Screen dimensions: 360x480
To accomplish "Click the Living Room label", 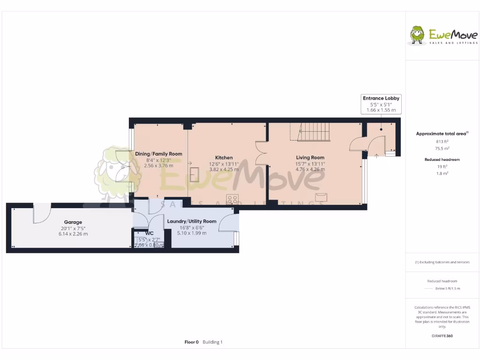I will coord(310,157).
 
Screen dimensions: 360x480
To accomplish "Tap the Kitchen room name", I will coord(224,157).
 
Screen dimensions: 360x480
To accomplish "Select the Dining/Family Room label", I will coord(158,154).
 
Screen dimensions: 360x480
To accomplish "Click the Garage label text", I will coord(73,222).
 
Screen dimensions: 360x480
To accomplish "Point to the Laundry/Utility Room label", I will coord(192,221).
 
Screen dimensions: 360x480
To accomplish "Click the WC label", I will coord(150,233).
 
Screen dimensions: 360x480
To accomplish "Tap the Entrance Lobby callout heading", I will coord(381,98).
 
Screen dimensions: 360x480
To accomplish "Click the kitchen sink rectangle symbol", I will coord(195,174).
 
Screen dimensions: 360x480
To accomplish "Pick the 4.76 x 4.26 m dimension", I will coord(310,169).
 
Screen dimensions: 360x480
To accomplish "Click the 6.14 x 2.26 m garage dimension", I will coord(73,233).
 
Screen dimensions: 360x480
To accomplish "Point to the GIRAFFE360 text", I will coord(442,336).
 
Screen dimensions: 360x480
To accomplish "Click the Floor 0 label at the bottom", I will coord(192,342).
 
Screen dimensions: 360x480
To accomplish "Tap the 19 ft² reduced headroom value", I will coord(442,166).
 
